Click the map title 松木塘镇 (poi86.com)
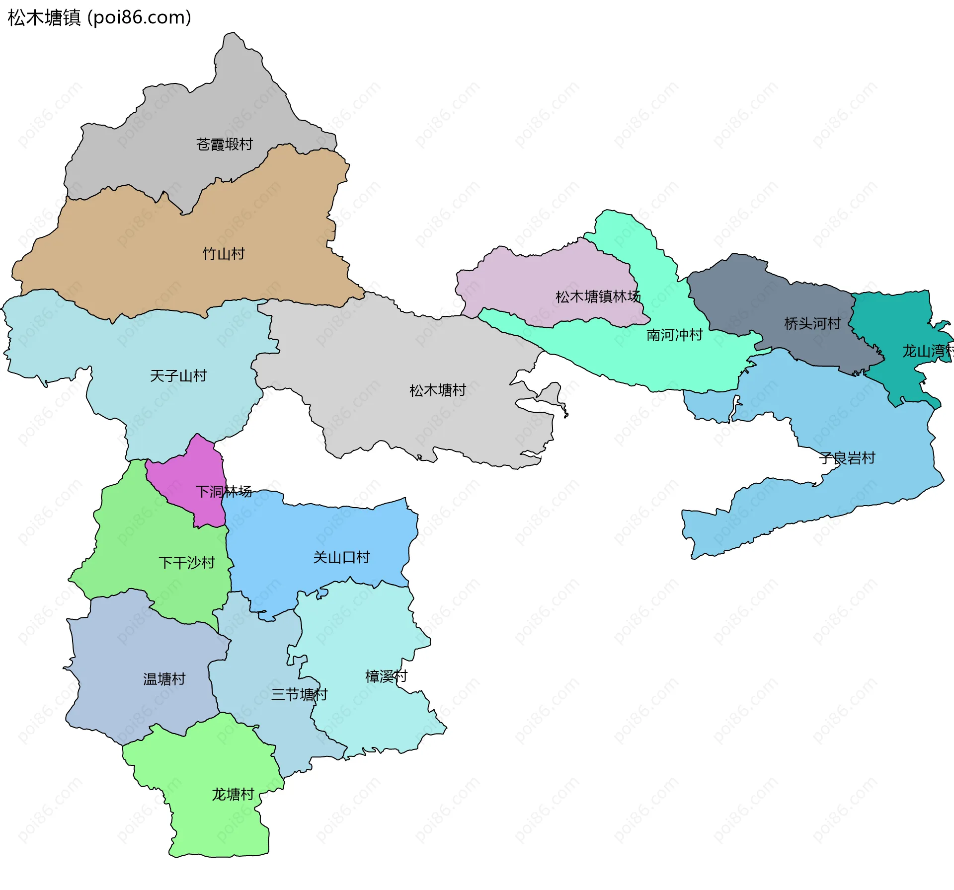99,18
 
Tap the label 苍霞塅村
225,145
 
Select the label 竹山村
224,254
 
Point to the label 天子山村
178,375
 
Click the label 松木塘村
438,390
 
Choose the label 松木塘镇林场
598,297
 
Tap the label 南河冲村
674,335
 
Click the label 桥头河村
812,324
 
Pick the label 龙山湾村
927,352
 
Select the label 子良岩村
847,458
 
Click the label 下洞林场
224,492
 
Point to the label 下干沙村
187,563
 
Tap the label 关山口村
341,557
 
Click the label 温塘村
164,679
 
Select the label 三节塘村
299,694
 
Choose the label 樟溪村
386,676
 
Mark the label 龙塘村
233,795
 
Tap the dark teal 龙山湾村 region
894,323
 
